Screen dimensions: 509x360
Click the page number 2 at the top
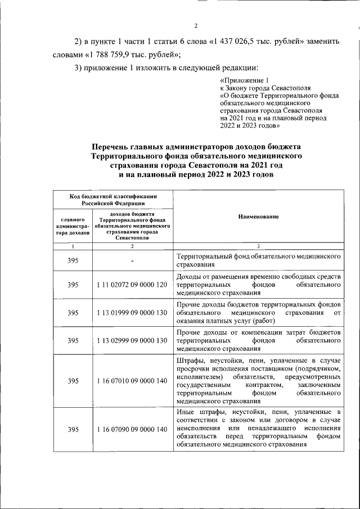pyautogui.click(x=196, y=26)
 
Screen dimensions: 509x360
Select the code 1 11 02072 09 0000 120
pyautogui.click(x=132, y=285)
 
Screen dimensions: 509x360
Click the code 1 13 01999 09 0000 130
pyautogui.click(x=132, y=313)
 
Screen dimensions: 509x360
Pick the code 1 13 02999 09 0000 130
pyautogui.click(x=132, y=340)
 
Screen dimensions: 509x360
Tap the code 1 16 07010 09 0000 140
pyautogui.click(x=132, y=381)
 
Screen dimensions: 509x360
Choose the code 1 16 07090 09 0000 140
pyautogui.click(x=132, y=430)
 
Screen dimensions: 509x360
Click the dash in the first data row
pyautogui.click(x=132, y=260)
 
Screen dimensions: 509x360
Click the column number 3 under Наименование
pyautogui.click(x=258, y=246)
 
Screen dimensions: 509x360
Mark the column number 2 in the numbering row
pyautogui.click(x=132, y=246)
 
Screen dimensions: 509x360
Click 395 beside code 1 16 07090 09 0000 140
pyautogui.click(x=73, y=430)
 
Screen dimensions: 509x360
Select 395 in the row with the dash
pyautogui.click(x=73, y=260)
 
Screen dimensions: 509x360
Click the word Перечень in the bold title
pyautogui.click(x=116, y=146)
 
